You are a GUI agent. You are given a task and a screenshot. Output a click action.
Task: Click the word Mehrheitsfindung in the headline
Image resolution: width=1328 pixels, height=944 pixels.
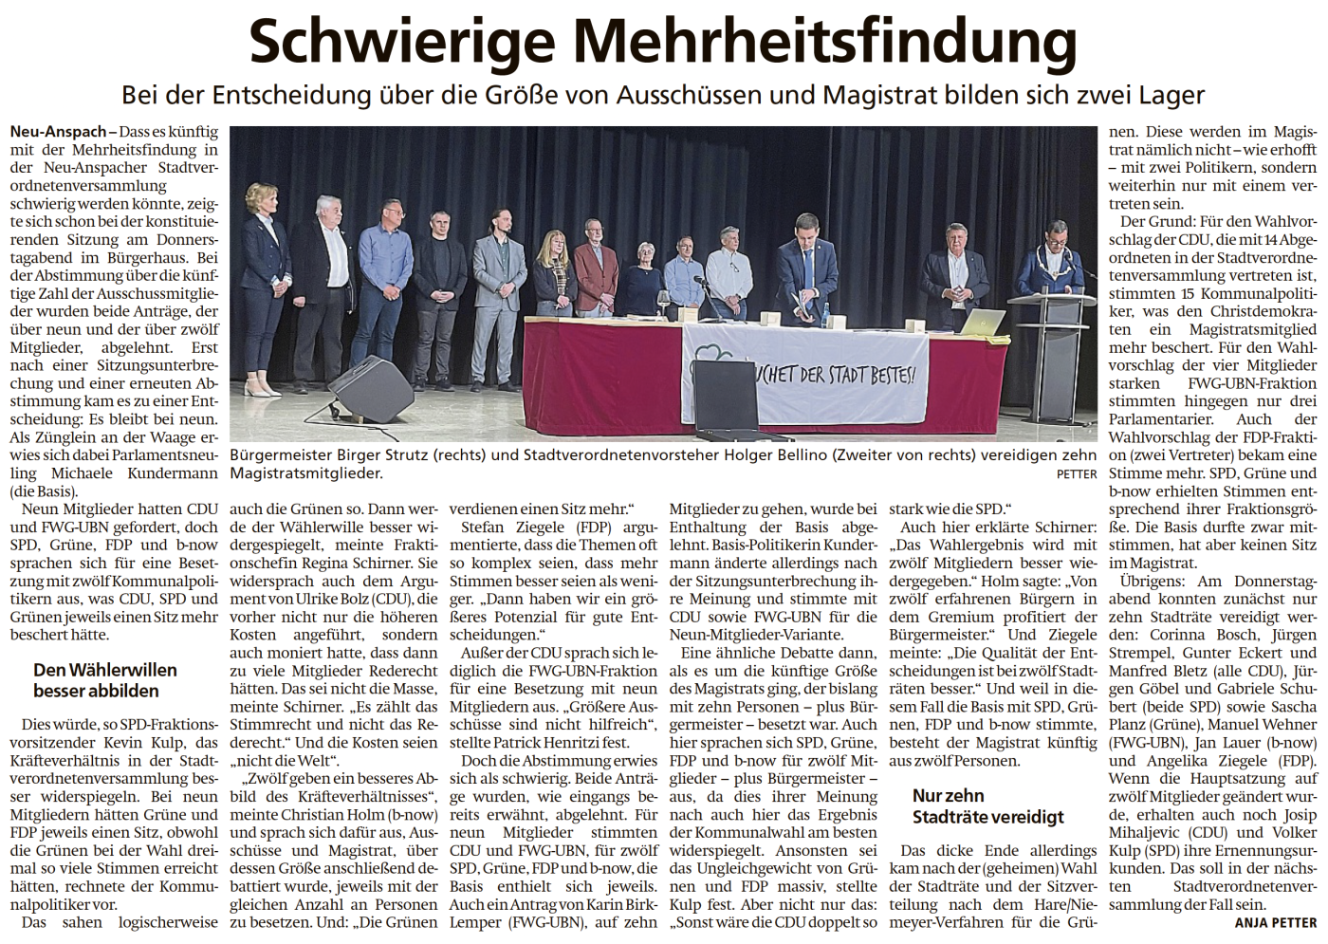825,42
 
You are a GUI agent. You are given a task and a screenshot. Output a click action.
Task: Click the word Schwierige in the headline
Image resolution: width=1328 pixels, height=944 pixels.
401,42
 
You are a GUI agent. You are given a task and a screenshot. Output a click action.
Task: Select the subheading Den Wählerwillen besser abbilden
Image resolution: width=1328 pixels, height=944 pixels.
104,680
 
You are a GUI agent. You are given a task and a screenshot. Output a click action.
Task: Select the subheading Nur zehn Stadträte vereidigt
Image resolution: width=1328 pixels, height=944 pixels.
987,806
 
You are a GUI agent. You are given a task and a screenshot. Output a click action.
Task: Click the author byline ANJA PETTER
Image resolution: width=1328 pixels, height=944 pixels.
1275,922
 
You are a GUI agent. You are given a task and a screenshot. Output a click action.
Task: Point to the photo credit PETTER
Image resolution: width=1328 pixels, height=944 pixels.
1077,473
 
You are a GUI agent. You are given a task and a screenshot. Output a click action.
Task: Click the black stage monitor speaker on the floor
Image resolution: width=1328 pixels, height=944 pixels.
370,389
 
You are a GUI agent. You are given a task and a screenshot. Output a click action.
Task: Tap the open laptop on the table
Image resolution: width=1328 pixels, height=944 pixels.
982,324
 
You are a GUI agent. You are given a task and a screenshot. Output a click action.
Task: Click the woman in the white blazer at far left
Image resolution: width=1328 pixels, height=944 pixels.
263,285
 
